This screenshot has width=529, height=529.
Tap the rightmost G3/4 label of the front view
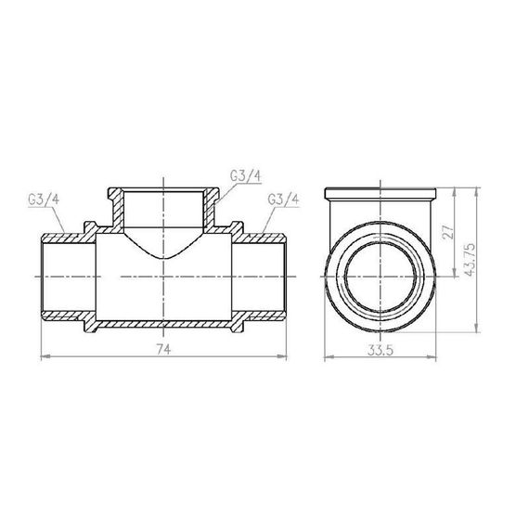tap(282, 200)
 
